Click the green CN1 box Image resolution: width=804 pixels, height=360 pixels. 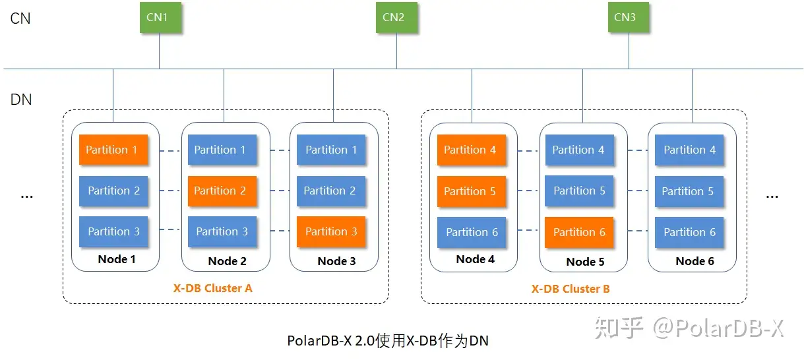pos(158,18)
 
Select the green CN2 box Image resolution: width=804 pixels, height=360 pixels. pos(394,18)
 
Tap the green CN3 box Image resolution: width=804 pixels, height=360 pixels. pos(626,18)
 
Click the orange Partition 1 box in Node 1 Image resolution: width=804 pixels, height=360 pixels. pos(112,150)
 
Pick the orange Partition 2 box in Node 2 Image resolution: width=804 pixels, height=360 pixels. pos(220,191)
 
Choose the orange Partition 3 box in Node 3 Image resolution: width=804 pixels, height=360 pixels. pos(330,231)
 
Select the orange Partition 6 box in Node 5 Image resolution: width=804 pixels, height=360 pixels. pos(578,232)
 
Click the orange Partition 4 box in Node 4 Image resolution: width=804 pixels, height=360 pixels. pos(470,150)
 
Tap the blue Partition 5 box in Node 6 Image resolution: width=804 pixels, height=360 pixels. pos(689,191)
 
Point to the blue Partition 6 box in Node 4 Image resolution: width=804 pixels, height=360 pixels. pos(472,232)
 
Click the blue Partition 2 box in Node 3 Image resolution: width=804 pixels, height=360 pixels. pos(330,191)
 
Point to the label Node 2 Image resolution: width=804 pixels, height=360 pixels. pos(227,261)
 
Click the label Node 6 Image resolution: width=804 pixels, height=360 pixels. pos(695,261)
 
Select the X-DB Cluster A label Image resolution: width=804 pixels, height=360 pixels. pos(212,288)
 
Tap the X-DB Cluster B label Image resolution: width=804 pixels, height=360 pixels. pos(571,289)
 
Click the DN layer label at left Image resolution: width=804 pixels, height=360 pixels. pos(21,100)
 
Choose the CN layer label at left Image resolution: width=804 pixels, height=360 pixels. pos(20,18)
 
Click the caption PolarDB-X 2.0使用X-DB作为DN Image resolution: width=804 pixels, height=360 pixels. pos(388,341)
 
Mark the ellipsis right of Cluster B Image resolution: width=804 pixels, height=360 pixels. pos(772,196)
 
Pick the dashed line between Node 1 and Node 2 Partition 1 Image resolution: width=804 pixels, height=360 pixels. pos(170,151)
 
